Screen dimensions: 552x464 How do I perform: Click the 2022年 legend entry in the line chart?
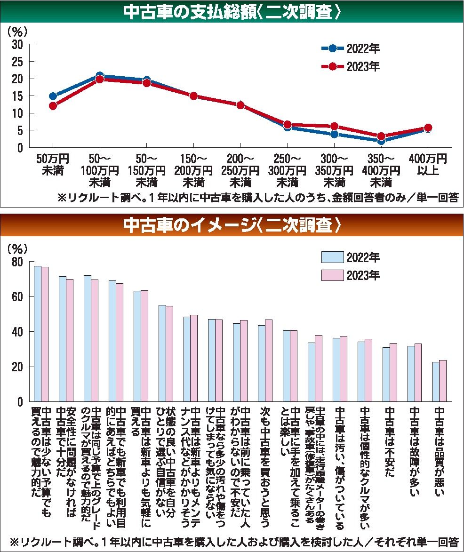pyautogui.click(x=351, y=49)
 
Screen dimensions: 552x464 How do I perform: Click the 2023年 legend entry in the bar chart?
pyautogui.click(x=351, y=275)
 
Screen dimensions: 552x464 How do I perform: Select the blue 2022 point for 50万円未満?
pyautogui.click(x=53, y=96)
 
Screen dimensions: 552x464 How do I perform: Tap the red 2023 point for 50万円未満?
pyautogui.click(x=53, y=106)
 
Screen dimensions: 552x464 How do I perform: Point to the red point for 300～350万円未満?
pyautogui.click(x=334, y=126)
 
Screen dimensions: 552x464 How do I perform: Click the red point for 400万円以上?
pyautogui.click(x=428, y=128)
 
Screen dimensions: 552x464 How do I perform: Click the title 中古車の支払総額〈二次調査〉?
pyautogui.click(x=232, y=12)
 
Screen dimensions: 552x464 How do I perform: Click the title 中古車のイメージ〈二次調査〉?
pyautogui.click(x=232, y=226)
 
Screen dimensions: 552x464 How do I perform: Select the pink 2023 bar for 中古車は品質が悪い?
pyautogui.click(x=443, y=381)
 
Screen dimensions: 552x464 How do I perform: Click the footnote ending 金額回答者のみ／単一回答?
pyautogui.click(x=258, y=198)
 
